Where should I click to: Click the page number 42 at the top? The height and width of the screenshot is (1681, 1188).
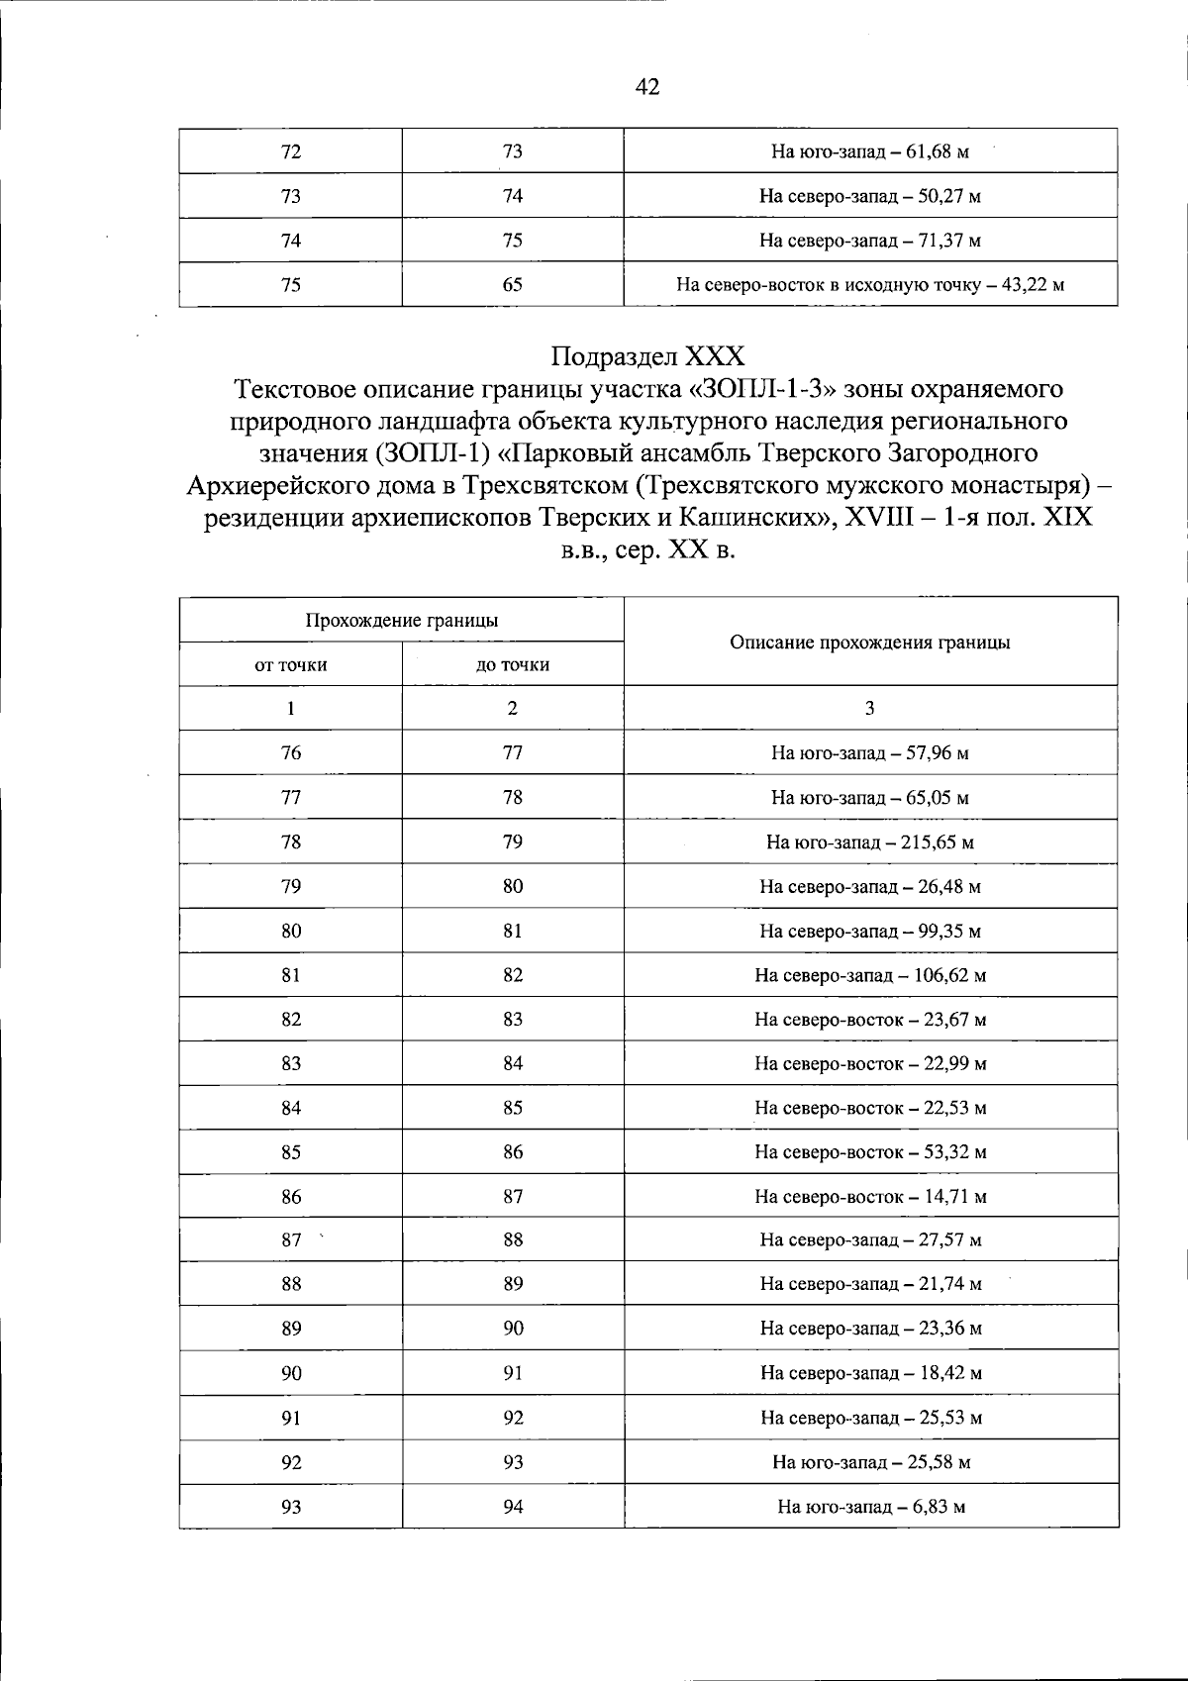click(x=646, y=87)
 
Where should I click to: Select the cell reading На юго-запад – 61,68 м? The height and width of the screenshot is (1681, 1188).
click(x=869, y=152)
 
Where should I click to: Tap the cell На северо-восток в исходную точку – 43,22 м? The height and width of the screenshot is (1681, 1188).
click(x=869, y=286)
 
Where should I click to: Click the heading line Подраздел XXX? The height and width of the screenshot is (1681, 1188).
click(x=647, y=355)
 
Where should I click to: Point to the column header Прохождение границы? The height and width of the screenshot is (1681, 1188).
click(x=401, y=621)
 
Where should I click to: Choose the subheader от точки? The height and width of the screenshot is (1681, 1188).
click(x=290, y=665)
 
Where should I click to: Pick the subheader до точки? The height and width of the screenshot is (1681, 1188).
click(x=512, y=665)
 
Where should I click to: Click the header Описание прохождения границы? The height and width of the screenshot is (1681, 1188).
click(x=869, y=643)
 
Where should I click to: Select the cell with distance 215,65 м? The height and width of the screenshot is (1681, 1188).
click(x=869, y=842)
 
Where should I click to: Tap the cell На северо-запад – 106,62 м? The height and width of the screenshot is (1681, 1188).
click(x=869, y=975)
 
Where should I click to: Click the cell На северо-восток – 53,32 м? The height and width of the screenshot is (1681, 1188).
click(x=869, y=1152)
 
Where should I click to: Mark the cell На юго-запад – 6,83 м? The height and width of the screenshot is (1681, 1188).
click(x=869, y=1508)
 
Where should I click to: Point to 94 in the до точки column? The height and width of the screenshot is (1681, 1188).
click(x=512, y=1507)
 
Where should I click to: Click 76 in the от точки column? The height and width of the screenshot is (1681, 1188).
click(x=290, y=752)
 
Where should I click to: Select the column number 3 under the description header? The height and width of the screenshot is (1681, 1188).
click(x=869, y=708)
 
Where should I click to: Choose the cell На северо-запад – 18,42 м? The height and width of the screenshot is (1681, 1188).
click(x=869, y=1373)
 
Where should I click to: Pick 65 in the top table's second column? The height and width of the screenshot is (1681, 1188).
click(x=512, y=285)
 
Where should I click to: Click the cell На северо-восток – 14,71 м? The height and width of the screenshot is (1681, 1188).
click(x=869, y=1197)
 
